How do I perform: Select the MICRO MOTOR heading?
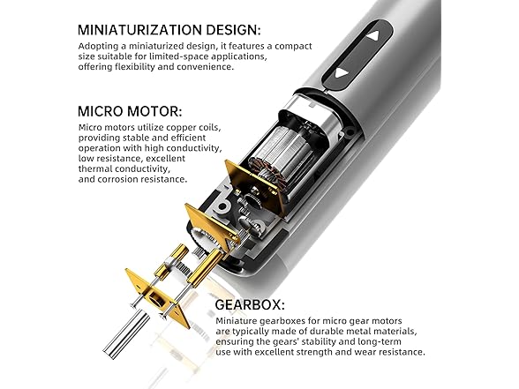coord(131,112)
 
